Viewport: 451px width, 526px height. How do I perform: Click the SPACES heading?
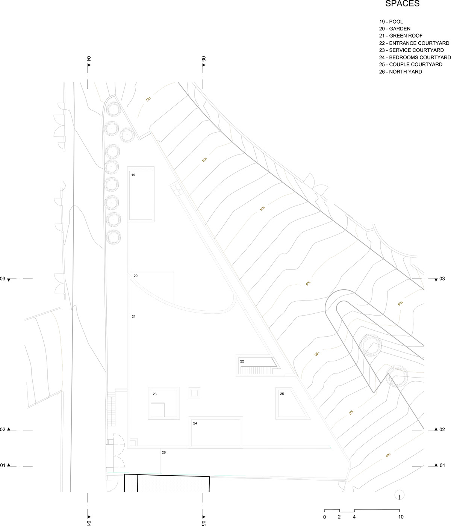[403, 3]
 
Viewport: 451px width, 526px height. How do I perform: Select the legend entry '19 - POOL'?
[391, 22]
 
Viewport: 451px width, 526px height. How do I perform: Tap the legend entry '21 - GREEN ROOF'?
[401, 36]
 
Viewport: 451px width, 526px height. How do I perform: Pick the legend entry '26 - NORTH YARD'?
[401, 72]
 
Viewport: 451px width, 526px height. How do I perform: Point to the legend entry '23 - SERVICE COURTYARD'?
[412, 50]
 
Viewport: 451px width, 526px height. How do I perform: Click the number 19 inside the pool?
[133, 175]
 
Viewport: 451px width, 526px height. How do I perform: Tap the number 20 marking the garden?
[136, 276]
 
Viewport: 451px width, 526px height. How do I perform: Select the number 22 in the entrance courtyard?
[242, 361]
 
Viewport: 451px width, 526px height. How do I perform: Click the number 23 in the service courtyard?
[155, 394]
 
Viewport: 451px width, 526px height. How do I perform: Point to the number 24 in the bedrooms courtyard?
[195, 423]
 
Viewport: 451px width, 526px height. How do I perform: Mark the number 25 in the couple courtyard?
[282, 394]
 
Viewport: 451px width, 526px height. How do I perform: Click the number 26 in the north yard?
[164, 452]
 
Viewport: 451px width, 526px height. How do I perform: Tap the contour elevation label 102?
[148, 99]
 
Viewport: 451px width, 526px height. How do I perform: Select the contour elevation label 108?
[388, 455]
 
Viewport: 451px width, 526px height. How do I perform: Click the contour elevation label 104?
[262, 209]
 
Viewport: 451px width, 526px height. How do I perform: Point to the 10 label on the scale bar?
[401, 517]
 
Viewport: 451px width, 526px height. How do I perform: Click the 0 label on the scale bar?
[324, 517]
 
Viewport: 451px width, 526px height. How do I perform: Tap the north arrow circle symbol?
[400, 495]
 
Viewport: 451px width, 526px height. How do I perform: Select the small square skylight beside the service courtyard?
[194, 393]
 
